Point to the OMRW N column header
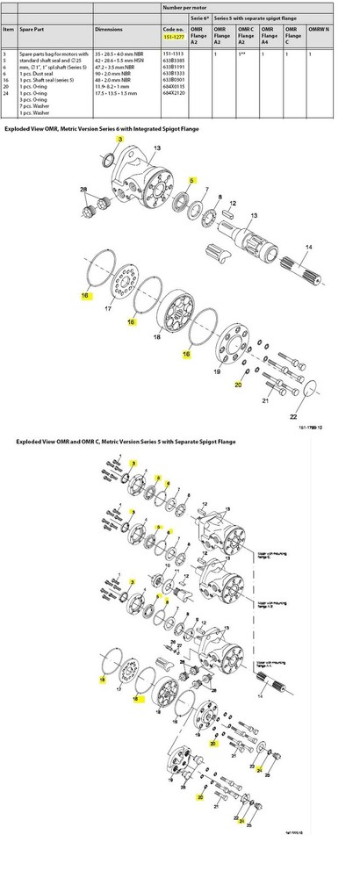320,30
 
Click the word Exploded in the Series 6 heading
18,129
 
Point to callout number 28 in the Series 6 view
83,191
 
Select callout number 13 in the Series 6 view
254,215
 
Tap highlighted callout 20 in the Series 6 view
236,384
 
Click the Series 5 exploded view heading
106,443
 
